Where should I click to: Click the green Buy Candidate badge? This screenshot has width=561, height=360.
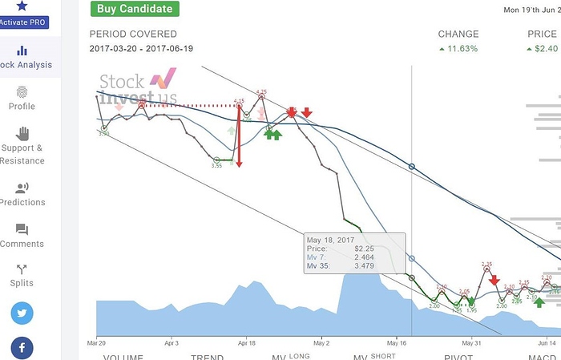(134, 9)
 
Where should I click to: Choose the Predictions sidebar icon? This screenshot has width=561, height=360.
(22, 188)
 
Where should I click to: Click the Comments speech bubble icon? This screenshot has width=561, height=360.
(22, 230)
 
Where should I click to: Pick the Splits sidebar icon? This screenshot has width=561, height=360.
(22, 270)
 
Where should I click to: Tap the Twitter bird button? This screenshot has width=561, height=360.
(22, 313)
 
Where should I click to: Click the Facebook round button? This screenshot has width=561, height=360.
(22, 348)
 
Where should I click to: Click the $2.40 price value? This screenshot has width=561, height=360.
(546, 49)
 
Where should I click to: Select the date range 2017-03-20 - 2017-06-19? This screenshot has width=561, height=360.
(140, 49)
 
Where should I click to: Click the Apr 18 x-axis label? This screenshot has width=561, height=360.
(246, 341)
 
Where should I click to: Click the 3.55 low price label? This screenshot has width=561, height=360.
(216, 166)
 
